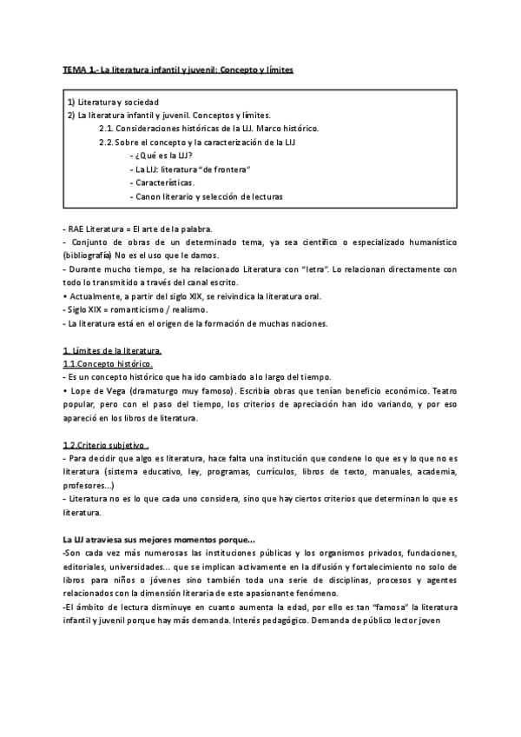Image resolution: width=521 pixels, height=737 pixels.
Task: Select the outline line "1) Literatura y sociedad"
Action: click(x=114, y=102)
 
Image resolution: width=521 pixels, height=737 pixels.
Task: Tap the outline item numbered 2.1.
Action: click(x=208, y=128)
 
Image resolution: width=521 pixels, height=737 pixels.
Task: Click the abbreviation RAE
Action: click(x=77, y=229)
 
